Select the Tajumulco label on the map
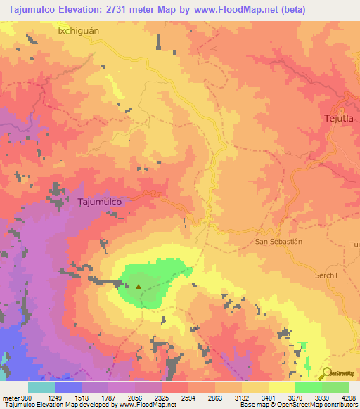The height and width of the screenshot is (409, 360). coord(100,201)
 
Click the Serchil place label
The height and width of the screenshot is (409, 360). coord(326,275)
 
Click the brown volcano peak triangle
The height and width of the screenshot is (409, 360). coord(139,286)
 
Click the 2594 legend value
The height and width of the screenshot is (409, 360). coord(188,397)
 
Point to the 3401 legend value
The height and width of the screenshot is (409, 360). coord(268,397)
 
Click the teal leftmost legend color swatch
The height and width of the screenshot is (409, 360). coord(41,387)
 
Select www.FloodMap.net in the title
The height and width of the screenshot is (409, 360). coord(266,9)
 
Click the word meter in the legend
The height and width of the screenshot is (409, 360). coord(9,397)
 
